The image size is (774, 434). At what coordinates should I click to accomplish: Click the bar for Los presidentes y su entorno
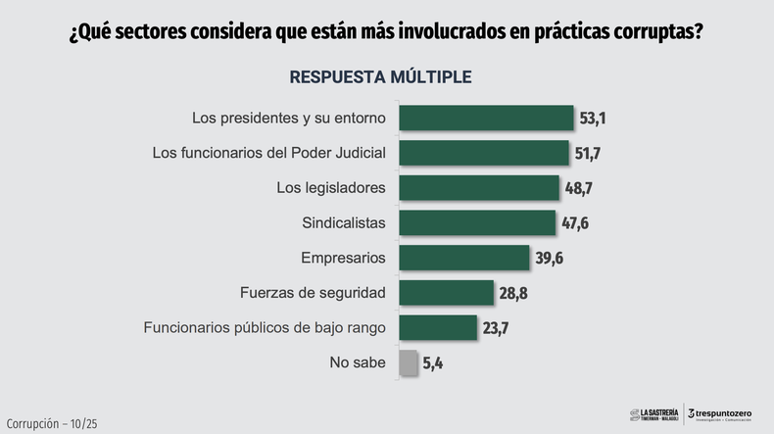487,119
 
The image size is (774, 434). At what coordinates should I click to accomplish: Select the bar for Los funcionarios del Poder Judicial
485,153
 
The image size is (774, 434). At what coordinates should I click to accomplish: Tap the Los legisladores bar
479,188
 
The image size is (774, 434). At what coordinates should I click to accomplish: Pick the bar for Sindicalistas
477,222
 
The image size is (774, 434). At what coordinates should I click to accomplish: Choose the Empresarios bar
462,258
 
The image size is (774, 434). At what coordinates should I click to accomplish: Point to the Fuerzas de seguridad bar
447,293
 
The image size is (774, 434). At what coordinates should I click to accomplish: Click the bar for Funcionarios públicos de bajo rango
438,327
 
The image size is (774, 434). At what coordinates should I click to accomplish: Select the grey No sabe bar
409,362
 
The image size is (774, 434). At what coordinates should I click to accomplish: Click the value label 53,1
595,119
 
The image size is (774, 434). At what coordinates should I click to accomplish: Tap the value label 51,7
590,154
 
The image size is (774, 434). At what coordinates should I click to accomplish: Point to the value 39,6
550,258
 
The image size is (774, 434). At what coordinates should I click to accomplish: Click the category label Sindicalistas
345,222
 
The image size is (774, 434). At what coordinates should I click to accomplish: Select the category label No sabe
359,362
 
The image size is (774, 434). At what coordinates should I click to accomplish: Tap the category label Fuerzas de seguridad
313,293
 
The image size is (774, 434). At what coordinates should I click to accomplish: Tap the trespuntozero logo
722,414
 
